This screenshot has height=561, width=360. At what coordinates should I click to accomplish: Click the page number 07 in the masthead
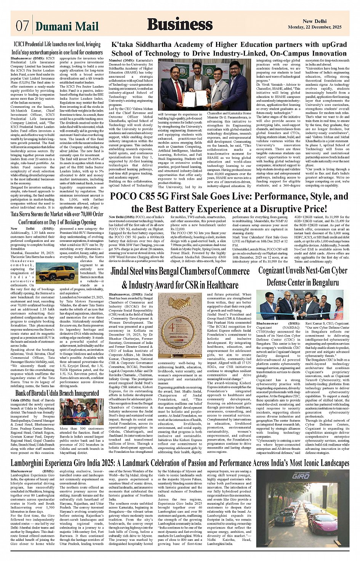22,26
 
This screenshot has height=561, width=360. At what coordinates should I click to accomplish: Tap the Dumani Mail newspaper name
67,26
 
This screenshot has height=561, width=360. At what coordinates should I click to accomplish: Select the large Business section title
180,24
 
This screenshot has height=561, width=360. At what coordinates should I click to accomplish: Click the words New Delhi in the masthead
314,22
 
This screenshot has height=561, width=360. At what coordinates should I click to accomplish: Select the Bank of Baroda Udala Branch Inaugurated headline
57,393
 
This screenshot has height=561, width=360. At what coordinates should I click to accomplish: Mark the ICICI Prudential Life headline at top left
57,48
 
